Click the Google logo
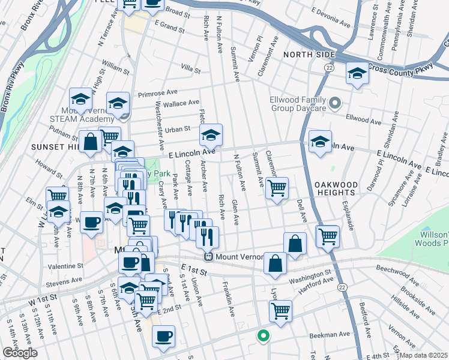pos(20,353)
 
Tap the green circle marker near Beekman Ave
pos(262,336)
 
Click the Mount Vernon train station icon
pos(208,257)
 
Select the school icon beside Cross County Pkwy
pos(357,74)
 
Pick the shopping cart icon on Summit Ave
pos(276,188)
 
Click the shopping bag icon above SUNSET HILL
pos(90,142)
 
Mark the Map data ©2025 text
pos(424,355)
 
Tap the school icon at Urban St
pos(211,135)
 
